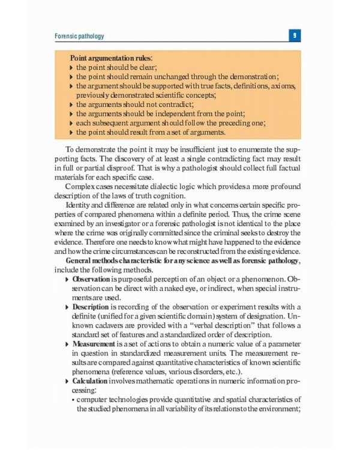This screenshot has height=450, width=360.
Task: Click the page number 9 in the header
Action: tap(295, 36)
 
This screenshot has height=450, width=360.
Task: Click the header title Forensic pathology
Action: tap(79, 36)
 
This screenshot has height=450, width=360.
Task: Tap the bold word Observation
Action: tap(91, 280)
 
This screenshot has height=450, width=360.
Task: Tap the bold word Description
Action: tap(91, 307)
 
